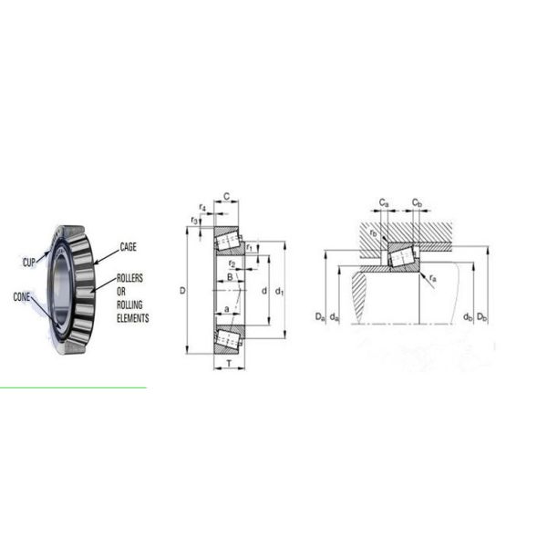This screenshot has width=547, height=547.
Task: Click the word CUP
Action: [29, 263]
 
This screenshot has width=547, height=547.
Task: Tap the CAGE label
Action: [128, 247]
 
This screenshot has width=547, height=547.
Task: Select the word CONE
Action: [22, 297]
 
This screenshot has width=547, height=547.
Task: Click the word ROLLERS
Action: [129, 278]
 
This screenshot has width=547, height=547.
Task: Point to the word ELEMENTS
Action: [133, 318]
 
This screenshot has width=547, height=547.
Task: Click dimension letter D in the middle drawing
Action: [182, 290]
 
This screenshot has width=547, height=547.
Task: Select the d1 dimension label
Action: [280, 291]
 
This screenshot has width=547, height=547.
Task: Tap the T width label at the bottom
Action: [229, 364]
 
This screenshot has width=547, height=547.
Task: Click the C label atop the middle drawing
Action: [227, 197]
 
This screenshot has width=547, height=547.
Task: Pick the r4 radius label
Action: [202, 208]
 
